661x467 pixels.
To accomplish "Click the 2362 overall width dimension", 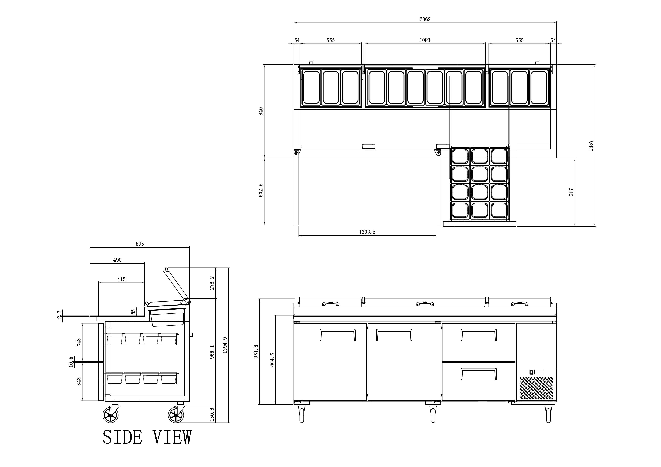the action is click(425, 19).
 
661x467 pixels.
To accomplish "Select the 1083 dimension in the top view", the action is click(425, 40).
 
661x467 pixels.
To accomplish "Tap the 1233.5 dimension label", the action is click(367, 232).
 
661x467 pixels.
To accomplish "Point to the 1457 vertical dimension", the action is click(591, 146).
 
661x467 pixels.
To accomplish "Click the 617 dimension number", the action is click(571, 192).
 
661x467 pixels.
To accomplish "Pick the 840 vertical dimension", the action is click(261, 111).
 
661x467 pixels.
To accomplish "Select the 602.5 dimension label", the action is click(261, 190).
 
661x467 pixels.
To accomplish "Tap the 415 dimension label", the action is click(122, 279).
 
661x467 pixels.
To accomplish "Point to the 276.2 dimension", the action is click(212, 283).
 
